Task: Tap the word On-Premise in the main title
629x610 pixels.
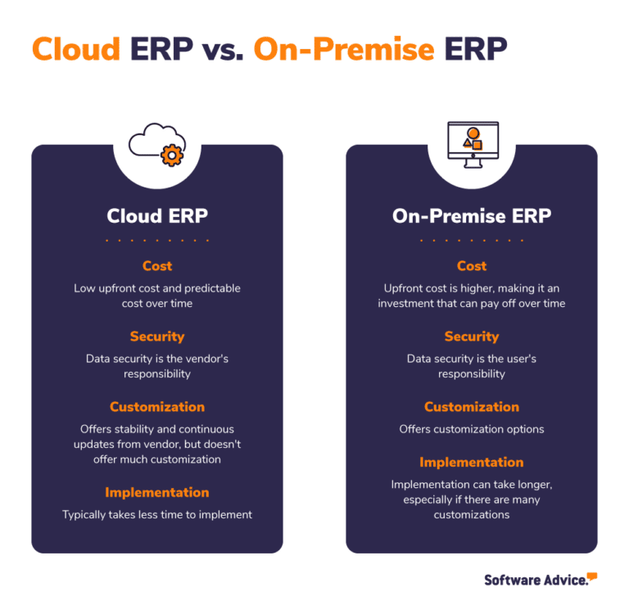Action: pos(344,50)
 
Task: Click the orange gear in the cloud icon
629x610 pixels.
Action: pos(172,155)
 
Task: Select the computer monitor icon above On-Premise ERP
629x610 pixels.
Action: pos(471,144)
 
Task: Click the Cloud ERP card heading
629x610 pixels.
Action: pos(157,216)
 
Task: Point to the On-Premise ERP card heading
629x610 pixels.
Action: pos(472,216)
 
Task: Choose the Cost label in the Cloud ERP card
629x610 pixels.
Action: pos(157,266)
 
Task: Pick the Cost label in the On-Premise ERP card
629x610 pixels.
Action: pos(472,266)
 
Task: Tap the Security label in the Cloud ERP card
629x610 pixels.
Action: pos(157,337)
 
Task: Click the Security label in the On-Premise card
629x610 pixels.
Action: pos(472,337)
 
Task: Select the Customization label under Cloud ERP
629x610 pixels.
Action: pos(157,407)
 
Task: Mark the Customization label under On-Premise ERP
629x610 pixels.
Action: pos(472,407)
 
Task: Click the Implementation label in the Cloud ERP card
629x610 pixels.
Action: pos(157,492)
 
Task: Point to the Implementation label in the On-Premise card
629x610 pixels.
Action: pos(472,462)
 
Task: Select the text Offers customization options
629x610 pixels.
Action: pos(472,429)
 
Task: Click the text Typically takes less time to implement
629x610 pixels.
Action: pos(157,515)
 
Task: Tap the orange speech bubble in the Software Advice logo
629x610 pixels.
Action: pos(592,576)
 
